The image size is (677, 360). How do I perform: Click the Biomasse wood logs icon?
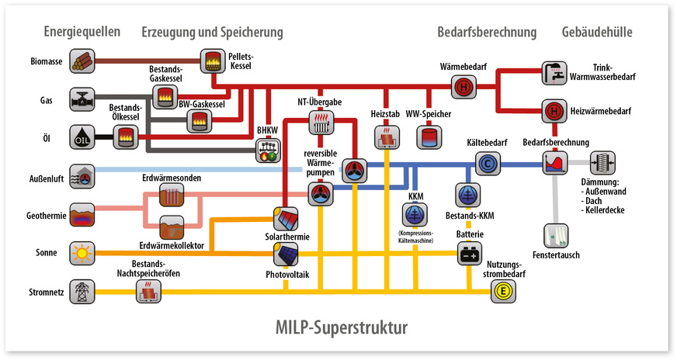point(82,60)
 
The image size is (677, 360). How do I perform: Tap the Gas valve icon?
point(82,100)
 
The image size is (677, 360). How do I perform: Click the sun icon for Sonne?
point(82,253)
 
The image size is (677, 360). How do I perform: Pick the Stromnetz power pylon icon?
point(82,292)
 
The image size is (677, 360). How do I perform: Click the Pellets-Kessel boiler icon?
point(212,60)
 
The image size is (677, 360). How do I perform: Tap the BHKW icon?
point(268,150)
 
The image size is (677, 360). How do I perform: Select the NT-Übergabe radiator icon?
point(321,121)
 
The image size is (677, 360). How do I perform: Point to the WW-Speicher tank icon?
point(428,137)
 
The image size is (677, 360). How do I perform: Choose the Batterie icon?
point(469,254)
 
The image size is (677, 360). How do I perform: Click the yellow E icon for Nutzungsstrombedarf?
point(502,292)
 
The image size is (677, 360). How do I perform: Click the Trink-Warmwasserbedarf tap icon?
point(554,72)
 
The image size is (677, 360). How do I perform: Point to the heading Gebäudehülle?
point(596,32)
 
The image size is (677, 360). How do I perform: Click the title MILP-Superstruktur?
point(338,327)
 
